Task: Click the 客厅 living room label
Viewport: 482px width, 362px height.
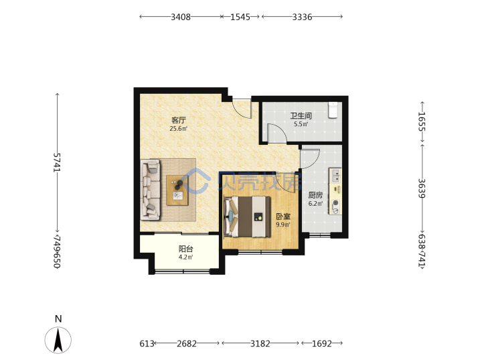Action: click(x=179, y=120)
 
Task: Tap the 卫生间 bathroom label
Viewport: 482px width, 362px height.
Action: click(x=301, y=116)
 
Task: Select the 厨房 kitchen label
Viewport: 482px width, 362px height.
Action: click(x=316, y=195)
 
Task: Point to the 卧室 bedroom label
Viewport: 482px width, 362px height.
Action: click(x=283, y=217)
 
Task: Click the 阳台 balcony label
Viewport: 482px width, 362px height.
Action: click(x=186, y=249)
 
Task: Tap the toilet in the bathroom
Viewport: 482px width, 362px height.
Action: click(x=333, y=110)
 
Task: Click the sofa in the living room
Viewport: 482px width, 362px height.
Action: click(x=151, y=189)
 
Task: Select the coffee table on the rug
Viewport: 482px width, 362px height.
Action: click(x=177, y=190)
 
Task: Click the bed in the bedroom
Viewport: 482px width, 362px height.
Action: click(x=248, y=217)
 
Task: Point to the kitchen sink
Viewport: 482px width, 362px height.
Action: click(x=335, y=176)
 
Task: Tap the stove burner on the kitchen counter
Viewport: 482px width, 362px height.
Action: click(x=335, y=202)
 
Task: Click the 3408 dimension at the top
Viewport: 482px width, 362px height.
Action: click(x=181, y=17)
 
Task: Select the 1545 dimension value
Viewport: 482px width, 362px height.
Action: click(x=240, y=17)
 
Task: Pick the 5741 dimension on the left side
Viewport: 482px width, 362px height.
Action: click(x=58, y=162)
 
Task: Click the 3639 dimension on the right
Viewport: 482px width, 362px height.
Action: click(x=422, y=188)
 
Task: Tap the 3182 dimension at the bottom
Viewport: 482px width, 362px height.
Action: click(x=260, y=343)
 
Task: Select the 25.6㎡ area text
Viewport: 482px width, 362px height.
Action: click(x=179, y=128)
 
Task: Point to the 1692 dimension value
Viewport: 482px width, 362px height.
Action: click(x=322, y=343)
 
